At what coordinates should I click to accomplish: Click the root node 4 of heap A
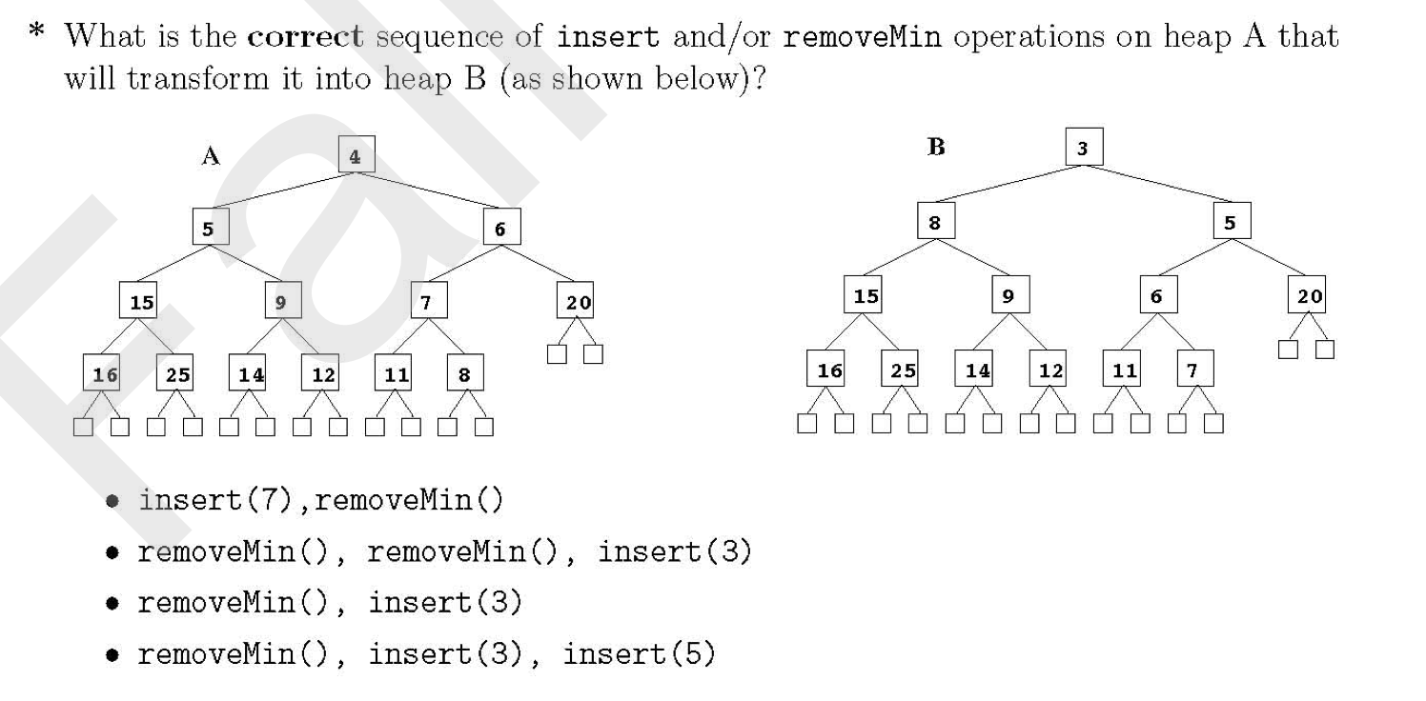coord(356,155)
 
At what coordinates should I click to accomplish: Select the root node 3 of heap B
coord(1083,148)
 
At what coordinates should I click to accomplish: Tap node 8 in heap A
coord(464,373)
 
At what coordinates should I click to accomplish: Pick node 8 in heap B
coord(935,221)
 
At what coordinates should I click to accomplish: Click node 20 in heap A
coord(577,302)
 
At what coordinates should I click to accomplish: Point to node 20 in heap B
coord(1308,295)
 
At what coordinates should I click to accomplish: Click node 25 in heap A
coord(176,373)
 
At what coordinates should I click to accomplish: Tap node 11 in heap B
coord(1123,369)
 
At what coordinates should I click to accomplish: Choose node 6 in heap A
coord(500,229)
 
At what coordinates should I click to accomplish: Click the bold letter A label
coord(211,157)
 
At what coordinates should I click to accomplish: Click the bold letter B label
coord(936,148)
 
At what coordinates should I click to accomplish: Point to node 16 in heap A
coord(102,373)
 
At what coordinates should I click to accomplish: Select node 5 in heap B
coord(1231,221)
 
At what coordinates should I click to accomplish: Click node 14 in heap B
coord(975,369)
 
